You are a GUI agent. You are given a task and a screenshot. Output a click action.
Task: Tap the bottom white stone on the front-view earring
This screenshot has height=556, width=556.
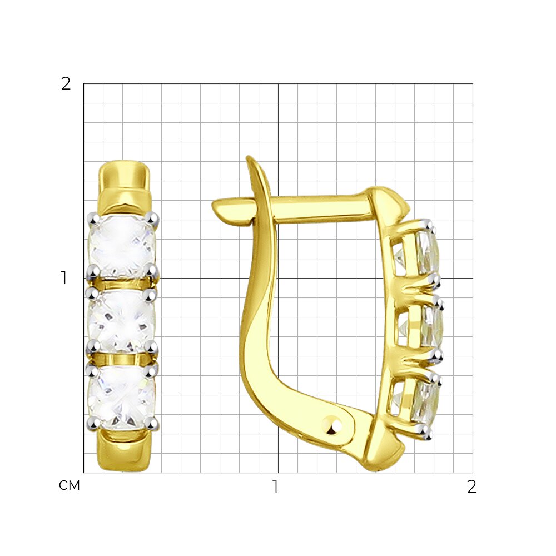point(122,397)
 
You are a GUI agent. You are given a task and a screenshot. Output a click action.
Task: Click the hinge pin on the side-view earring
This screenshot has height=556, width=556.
point(332,424)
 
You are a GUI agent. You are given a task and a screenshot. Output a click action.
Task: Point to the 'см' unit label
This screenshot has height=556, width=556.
point(69,486)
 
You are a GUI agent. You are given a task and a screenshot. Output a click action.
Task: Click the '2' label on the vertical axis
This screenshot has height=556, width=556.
point(66,84)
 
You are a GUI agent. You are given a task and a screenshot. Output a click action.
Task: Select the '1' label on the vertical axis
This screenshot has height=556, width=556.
point(64,279)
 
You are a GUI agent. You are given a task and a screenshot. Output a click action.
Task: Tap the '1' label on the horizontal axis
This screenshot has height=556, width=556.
point(275,487)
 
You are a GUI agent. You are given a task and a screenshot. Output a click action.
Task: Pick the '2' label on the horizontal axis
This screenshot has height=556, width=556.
point(471,487)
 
